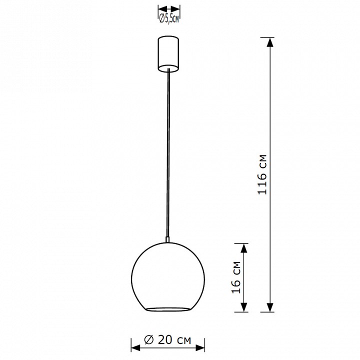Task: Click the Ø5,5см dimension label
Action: click(169, 19)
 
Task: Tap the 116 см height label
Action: click(262, 174)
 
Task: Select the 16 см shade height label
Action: click(236, 277)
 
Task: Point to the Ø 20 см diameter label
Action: click(167, 340)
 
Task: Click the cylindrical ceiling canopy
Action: click(168, 54)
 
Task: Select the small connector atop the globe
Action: click(168, 239)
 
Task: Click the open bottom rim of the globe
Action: click(168, 309)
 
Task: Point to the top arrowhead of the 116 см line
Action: click(270, 42)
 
